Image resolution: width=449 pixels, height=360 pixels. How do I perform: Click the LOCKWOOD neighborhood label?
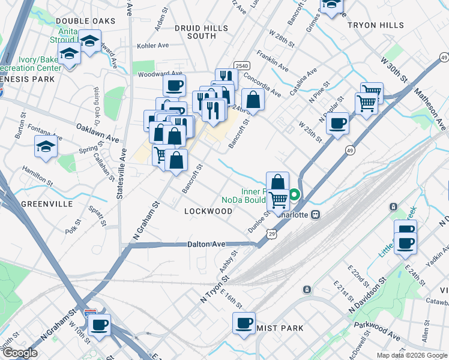[208, 211]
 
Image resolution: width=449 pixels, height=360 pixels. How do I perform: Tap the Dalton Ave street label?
[206, 244]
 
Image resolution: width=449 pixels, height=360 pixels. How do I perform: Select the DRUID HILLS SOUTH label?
[201, 32]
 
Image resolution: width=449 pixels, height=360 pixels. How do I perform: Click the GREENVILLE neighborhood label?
[47, 204]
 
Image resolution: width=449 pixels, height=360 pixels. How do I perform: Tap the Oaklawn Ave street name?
[97, 133]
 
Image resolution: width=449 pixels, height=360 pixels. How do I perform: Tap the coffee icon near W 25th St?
[338, 124]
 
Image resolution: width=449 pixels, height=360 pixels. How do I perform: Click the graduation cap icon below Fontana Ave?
[46, 146]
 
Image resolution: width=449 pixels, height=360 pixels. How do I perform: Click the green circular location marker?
[295, 195]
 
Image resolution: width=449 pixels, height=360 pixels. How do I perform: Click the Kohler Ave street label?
[153, 46]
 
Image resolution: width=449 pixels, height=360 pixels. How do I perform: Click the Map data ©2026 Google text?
[411, 355]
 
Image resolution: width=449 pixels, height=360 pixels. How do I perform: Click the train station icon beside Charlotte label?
[315, 214]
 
